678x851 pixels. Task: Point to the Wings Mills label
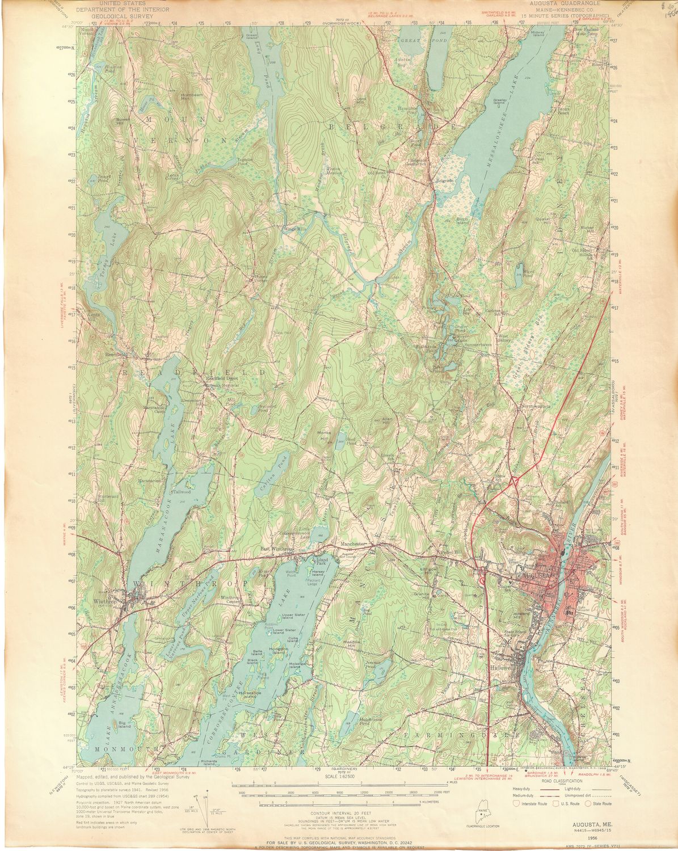pos(294,229)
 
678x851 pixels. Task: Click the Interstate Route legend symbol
pos(516,803)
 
